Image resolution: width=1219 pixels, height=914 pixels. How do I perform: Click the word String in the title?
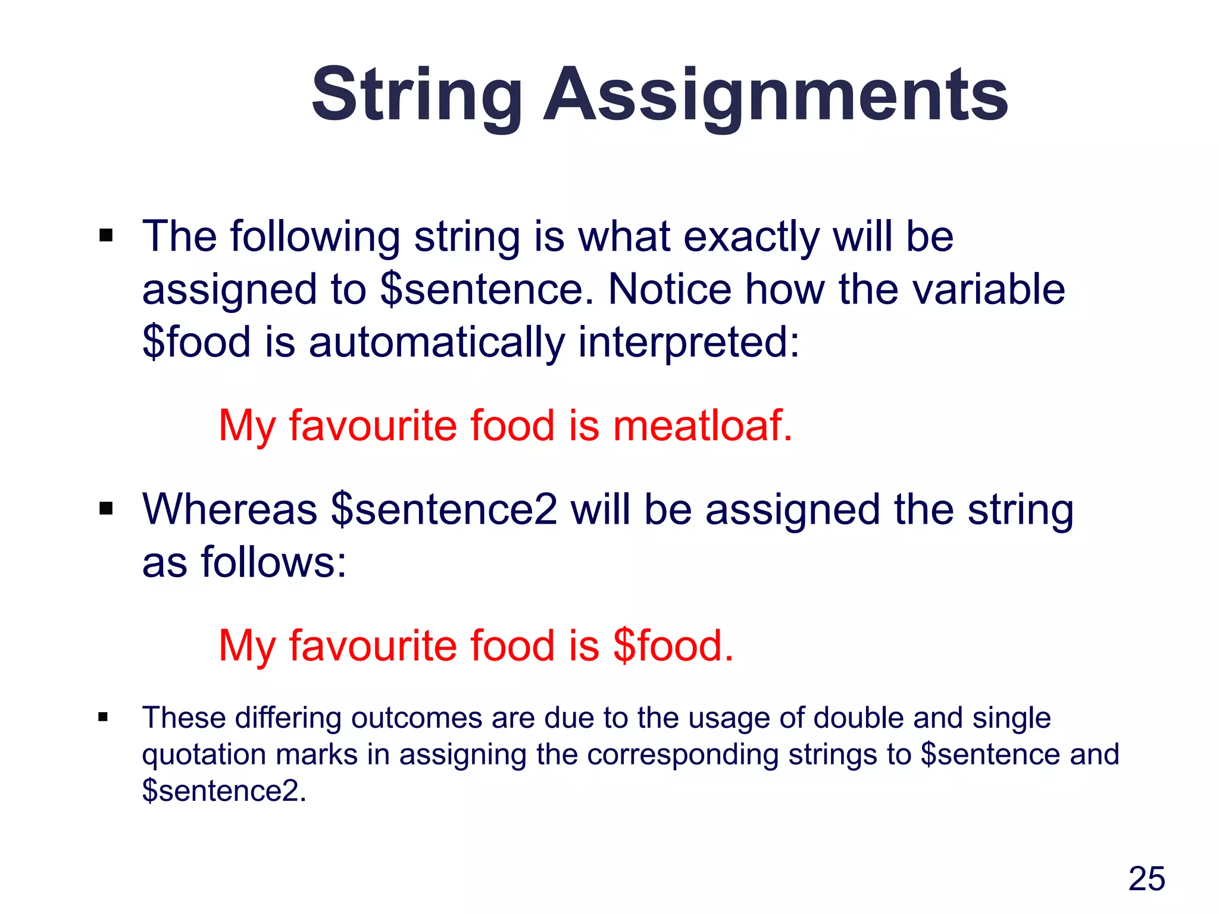pos(417,95)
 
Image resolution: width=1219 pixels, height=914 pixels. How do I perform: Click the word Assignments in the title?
pos(776,95)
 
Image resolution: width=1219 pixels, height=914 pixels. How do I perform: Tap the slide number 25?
pos(1146,878)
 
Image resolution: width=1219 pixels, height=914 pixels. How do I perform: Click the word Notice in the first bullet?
pos(670,290)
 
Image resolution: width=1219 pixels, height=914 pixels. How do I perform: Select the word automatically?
pos(436,343)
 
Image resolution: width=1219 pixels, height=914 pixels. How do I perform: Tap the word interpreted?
pos(688,343)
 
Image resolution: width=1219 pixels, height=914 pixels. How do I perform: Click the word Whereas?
pos(230,510)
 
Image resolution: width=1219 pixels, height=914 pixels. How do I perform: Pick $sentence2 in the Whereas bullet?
pos(444,510)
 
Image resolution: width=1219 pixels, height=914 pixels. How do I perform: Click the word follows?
pos(274,562)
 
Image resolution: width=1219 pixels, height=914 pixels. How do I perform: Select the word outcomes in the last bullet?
pos(416,718)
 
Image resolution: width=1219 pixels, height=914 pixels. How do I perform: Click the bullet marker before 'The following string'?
pos(106,236)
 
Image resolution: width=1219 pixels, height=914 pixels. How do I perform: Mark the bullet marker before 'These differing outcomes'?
pos(104,717)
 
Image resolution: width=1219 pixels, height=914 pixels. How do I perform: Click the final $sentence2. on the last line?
pos(224,791)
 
